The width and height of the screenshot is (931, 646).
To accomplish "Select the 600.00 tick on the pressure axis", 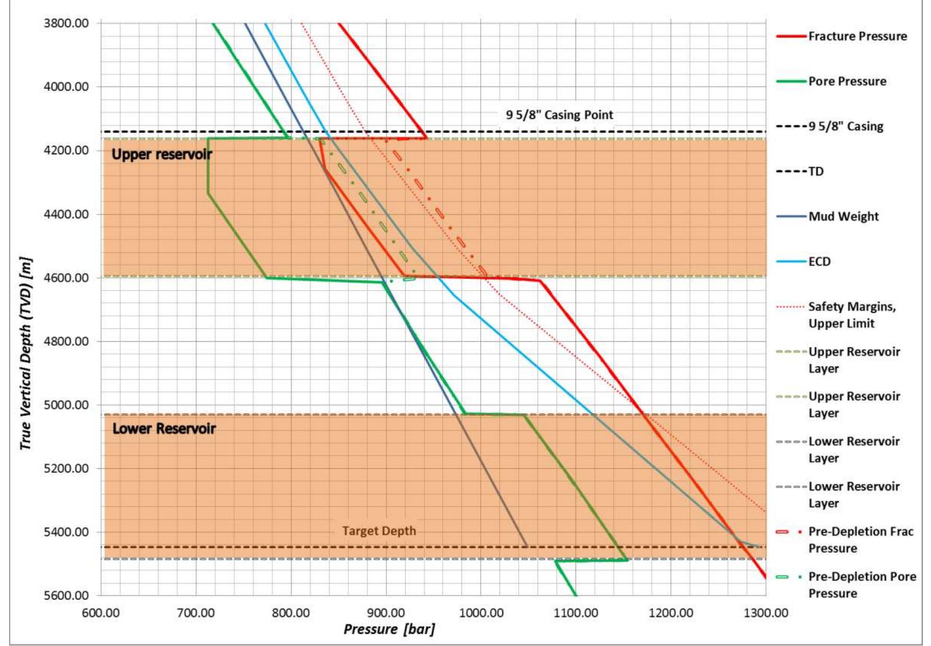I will click(100, 613).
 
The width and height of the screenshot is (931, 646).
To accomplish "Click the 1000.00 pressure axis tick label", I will click(481, 613).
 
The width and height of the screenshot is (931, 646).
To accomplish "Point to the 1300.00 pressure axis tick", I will click(765, 613).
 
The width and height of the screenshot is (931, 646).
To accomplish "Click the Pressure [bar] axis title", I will click(389, 629).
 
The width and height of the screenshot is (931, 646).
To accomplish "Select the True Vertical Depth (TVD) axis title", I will click(26, 354).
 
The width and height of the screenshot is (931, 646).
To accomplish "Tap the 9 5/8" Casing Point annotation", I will click(559, 115).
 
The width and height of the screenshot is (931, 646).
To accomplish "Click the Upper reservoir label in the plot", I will click(161, 154).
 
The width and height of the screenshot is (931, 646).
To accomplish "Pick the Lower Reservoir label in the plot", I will click(164, 429).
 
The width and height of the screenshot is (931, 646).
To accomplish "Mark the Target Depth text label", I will click(379, 531).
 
